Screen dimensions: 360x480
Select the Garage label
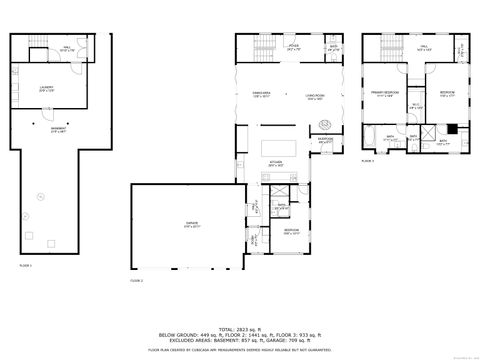click(x=191, y=225)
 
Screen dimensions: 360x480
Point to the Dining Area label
click(x=263, y=95)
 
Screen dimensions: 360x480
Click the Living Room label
click(x=314, y=96)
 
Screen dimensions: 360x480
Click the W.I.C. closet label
click(x=413, y=107)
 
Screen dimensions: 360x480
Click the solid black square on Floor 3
click(x=452, y=128)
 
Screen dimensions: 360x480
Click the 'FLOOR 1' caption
click(x=26, y=266)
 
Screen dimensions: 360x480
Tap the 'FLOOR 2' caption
click(x=137, y=282)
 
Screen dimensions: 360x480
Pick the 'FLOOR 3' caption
click(x=368, y=160)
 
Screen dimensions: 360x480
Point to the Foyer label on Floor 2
click(x=294, y=46)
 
